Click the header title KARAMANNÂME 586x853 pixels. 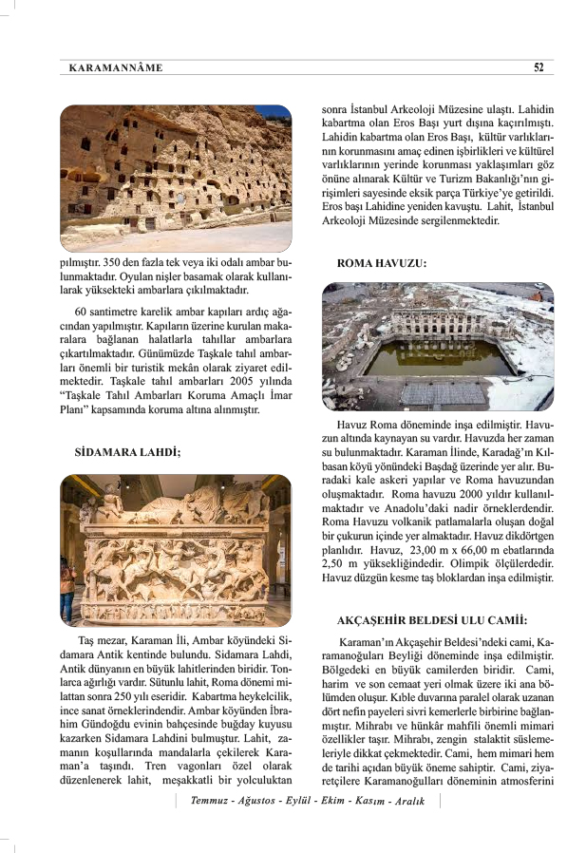(x=117, y=68)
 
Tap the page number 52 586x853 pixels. (x=538, y=67)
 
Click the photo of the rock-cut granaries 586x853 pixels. (x=176, y=178)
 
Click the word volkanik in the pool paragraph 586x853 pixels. (x=415, y=521)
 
